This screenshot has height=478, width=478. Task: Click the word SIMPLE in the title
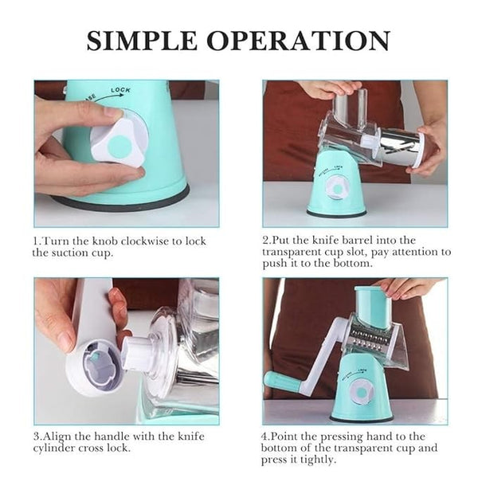[142, 41]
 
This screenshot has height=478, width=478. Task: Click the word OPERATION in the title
[299, 41]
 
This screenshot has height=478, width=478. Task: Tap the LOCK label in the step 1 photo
[120, 90]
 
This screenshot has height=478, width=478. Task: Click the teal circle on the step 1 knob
[120, 145]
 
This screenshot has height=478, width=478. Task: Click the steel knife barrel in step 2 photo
[402, 148]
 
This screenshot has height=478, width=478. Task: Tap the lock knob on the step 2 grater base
[338, 188]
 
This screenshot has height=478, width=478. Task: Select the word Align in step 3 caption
[57, 437]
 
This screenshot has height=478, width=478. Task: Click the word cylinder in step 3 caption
[53, 449]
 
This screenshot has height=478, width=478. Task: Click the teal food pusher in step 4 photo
[373, 306]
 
